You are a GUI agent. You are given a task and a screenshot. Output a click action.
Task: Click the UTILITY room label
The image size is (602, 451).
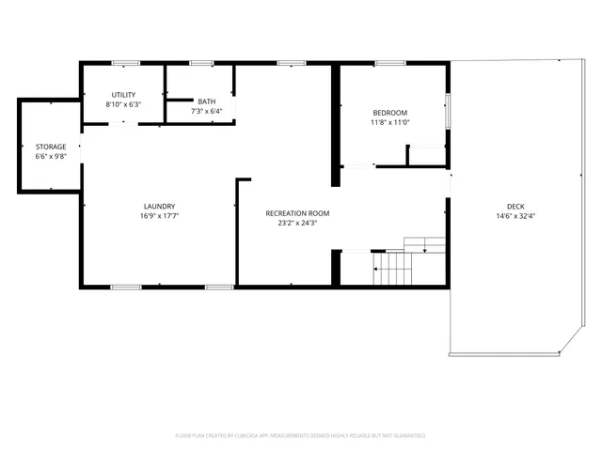pos(123,95)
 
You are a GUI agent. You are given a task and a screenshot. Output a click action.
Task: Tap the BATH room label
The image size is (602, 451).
pos(206,101)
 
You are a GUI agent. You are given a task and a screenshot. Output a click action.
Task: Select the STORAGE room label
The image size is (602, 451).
pos(51,148)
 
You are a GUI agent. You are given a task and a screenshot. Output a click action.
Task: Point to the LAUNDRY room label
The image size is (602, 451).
pos(158,207)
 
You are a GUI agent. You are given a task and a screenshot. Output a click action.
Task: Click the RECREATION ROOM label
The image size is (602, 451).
pos(297,213)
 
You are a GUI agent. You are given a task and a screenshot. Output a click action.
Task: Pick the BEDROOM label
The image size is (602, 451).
pos(389,113)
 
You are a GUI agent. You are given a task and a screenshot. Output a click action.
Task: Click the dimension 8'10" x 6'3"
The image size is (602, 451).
pos(123,104)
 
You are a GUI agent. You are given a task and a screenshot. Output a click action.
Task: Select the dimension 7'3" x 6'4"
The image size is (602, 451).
pos(206,111)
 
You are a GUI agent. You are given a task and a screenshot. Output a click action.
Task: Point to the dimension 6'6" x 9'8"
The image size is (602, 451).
pos(51,157)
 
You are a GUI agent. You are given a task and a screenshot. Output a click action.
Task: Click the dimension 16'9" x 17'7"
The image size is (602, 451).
pos(158,216)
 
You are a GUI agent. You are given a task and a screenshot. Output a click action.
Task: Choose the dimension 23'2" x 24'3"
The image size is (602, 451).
pos(297,224)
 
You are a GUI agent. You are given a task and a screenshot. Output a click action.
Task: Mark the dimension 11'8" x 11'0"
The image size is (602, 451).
pos(389,122)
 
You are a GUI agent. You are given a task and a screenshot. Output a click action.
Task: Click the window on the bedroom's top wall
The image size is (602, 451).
pos(389,63)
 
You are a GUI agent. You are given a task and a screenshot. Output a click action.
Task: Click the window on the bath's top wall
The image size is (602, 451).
pos(201,63)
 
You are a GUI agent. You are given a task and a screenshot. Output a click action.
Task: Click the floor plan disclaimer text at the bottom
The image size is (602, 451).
pos(300,436)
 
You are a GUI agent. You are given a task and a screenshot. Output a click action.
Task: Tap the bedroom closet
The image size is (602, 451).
pos(425,156)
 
